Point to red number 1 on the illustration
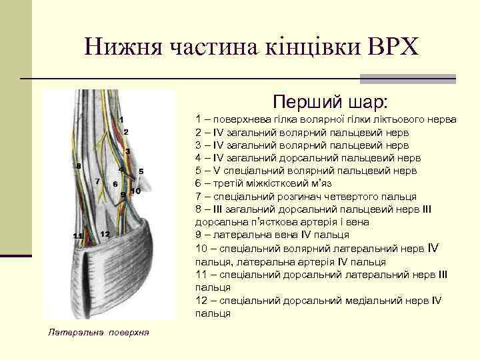coord(122,119)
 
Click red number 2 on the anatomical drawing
coord(125,132)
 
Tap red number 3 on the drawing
coord(127,152)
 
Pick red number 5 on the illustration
coord(141,171)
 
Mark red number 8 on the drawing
coord(78,165)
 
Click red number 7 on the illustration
coord(98,181)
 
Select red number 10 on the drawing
coord(135,191)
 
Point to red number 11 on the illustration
coord(78,236)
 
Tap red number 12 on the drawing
coord(105,233)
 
